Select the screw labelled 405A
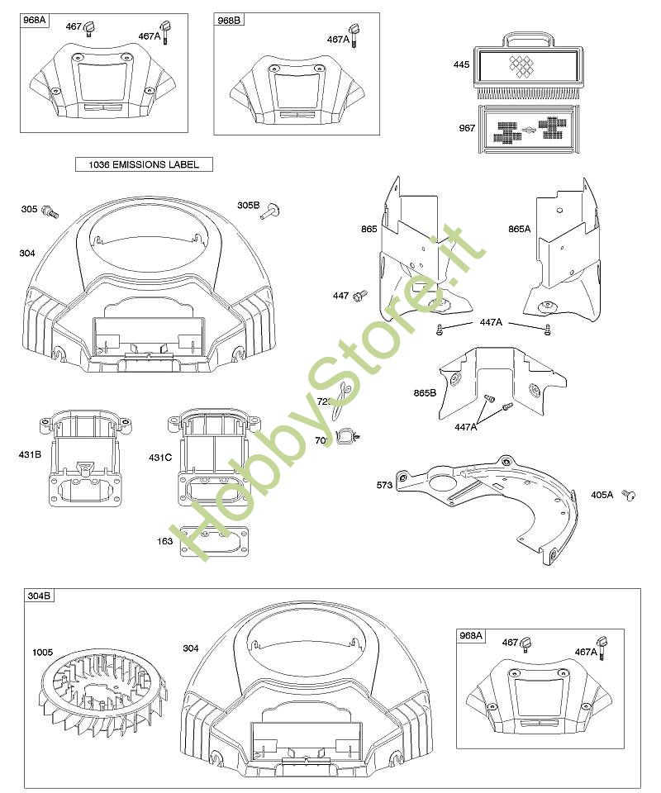tap(630, 495)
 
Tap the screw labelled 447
tap(361, 295)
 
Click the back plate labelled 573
tap(487, 500)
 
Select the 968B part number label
tap(229, 20)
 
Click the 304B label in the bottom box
tap(38, 596)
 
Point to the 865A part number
tap(520, 227)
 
